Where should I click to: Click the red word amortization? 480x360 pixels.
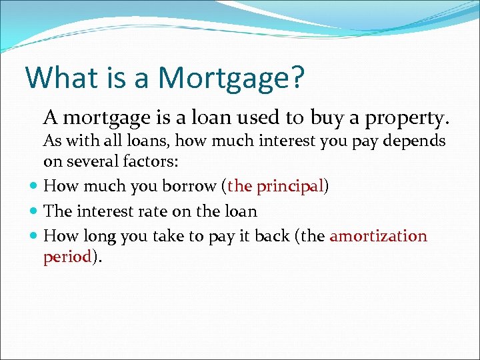(x=378, y=236)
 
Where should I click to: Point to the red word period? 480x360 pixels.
(x=67, y=257)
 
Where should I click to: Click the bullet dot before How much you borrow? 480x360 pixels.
(x=33, y=187)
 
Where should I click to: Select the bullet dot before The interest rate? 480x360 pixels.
(x=33, y=211)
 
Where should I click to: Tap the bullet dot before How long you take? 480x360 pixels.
(x=33, y=236)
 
